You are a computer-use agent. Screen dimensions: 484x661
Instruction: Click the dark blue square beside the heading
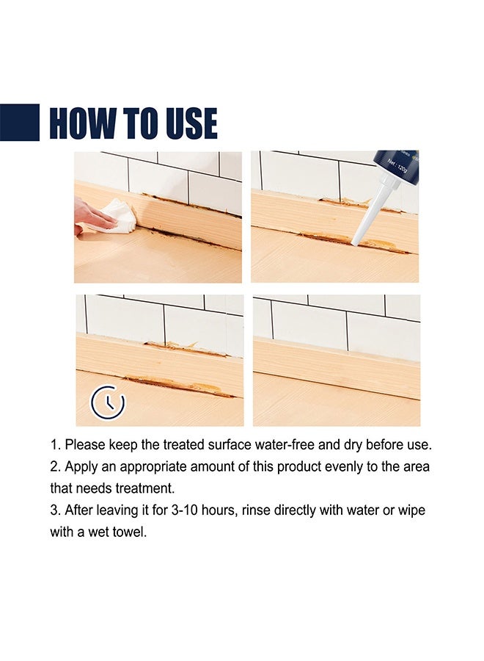[x=19, y=122]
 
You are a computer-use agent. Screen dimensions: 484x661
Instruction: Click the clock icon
[x=108, y=402]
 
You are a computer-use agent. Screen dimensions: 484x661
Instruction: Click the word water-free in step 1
[x=285, y=445]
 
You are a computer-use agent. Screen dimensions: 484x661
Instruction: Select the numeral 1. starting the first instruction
[x=56, y=445]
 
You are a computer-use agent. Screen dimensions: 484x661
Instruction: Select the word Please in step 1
[x=85, y=445]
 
